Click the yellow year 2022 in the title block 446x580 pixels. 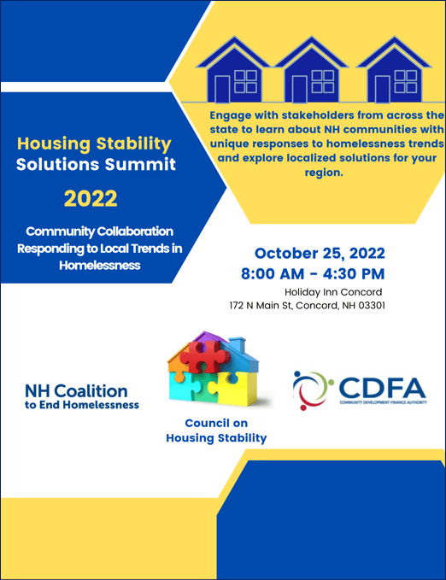[90, 199]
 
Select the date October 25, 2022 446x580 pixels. [319, 254]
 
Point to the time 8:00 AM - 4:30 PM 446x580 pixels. [314, 273]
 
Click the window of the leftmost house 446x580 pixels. [245, 81]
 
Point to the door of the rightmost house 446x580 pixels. [381, 89]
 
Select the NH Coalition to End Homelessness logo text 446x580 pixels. [82, 395]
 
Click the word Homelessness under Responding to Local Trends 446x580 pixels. [99, 265]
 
